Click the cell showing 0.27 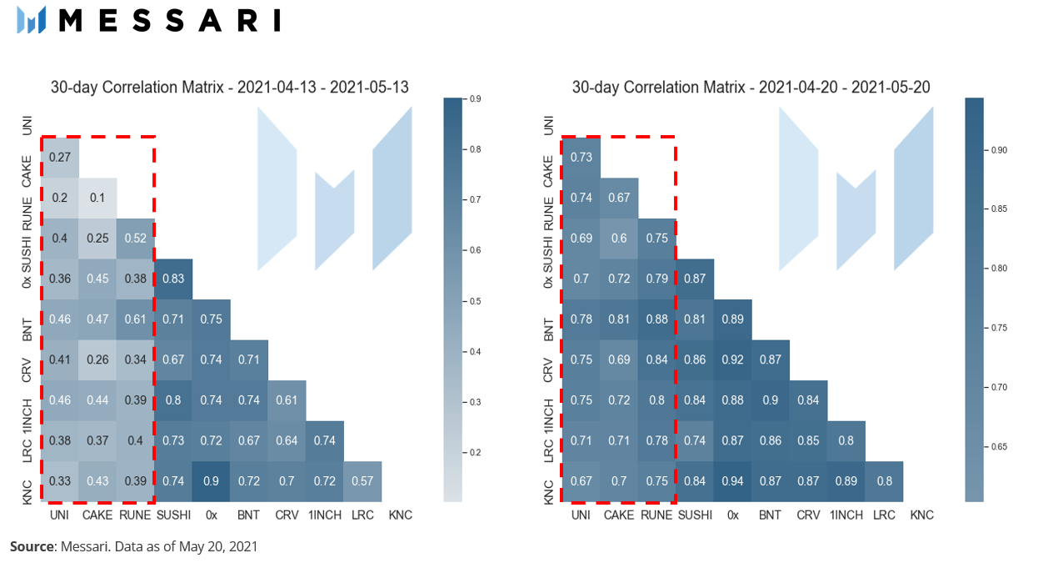(x=60, y=158)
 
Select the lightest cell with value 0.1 (x=97, y=199)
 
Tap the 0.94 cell (x=732, y=481)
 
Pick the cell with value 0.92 (x=732, y=360)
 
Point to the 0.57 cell (x=362, y=481)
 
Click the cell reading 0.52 (x=136, y=239)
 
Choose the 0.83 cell (x=173, y=279)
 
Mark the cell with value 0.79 (x=656, y=279)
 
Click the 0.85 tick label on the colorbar (x=999, y=209)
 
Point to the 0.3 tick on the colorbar (x=475, y=403)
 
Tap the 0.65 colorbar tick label (x=999, y=447)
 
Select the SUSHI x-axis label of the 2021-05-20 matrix (x=695, y=515)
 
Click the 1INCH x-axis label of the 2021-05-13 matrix (x=325, y=515)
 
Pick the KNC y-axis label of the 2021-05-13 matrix (x=27, y=492)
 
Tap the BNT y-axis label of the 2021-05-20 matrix (x=548, y=329)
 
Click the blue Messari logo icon (x=32, y=20)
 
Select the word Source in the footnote (x=32, y=546)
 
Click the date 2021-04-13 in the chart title (x=277, y=88)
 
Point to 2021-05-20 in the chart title (x=891, y=88)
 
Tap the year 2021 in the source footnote (x=243, y=546)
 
